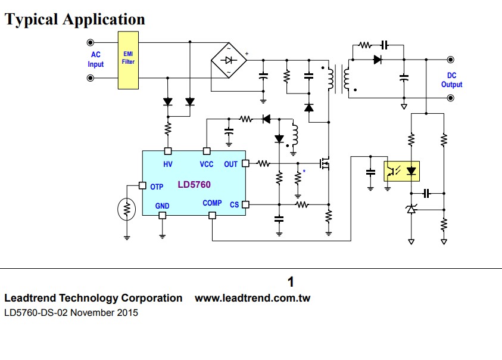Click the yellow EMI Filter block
128,60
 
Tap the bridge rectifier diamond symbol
229,60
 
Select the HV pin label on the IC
167,164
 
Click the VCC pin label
207,164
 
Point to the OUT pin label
230,164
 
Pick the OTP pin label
157,187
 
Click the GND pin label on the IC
162,206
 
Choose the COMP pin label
212,203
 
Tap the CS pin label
234,204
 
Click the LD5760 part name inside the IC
194,185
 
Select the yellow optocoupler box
403,170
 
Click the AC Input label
96,60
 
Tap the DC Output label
451,80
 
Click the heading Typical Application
75,20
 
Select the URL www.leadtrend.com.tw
252,298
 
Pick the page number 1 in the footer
291,282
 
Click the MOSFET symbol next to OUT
325,163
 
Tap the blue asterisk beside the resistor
304,172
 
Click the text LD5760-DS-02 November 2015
71,312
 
